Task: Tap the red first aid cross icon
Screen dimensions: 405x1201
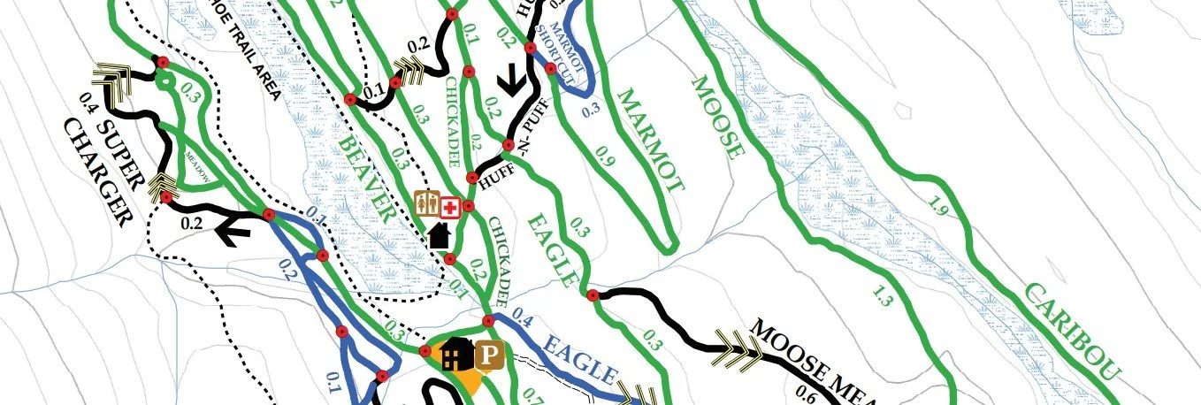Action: [450, 208]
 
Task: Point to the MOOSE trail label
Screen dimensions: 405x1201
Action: [716, 116]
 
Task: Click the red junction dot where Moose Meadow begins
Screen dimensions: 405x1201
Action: [592, 295]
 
